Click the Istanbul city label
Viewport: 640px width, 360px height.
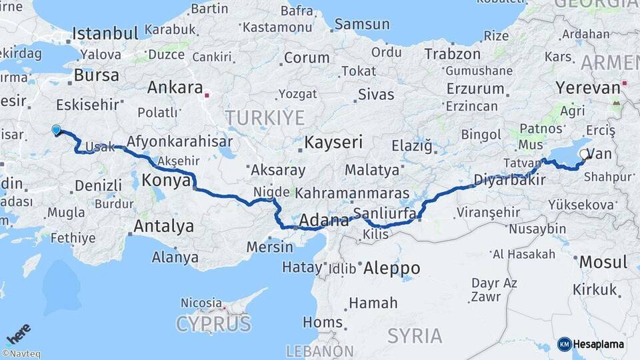[x=105, y=33]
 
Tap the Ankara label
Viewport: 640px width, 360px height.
[x=175, y=87]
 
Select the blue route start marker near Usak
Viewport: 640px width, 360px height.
[x=56, y=130]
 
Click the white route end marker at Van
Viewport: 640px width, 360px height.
[x=584, y=154]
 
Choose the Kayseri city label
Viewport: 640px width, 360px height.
[x=333, y=142]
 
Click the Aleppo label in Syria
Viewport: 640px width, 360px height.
[x=392, y=268]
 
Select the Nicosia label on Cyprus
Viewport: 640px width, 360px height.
[x=201, y=303]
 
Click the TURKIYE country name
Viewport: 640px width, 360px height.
[x=265, y=118]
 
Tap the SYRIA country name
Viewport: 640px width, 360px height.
[x=415, y=335]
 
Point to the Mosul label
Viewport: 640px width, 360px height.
[x=603, y=262]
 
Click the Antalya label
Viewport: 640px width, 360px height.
[x=163, y=227]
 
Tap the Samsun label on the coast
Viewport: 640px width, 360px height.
[x=361, y=24]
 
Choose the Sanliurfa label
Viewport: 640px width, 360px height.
[x=385, y=213]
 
